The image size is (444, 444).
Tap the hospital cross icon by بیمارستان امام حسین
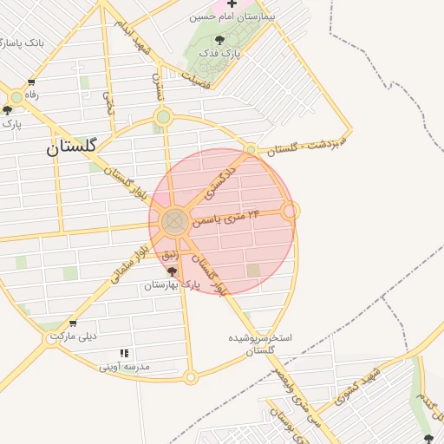(232, 4)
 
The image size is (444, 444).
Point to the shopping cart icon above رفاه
(32, 83)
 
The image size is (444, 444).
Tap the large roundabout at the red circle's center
(174, 222)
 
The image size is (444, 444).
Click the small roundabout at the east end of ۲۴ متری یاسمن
(291, 211)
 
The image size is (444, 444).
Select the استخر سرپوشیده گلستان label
(260, 343)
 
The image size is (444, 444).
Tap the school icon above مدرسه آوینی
(125, 354)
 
